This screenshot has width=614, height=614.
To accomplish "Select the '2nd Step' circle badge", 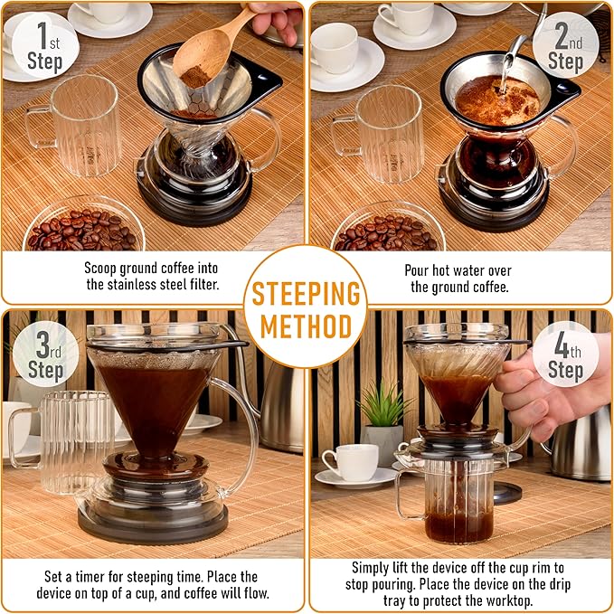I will [565, 46].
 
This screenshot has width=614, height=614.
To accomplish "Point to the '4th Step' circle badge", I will [565, 360].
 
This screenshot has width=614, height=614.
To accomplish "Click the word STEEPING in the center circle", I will [306, 295].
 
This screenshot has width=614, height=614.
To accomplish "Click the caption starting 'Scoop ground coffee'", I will [150, 277].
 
